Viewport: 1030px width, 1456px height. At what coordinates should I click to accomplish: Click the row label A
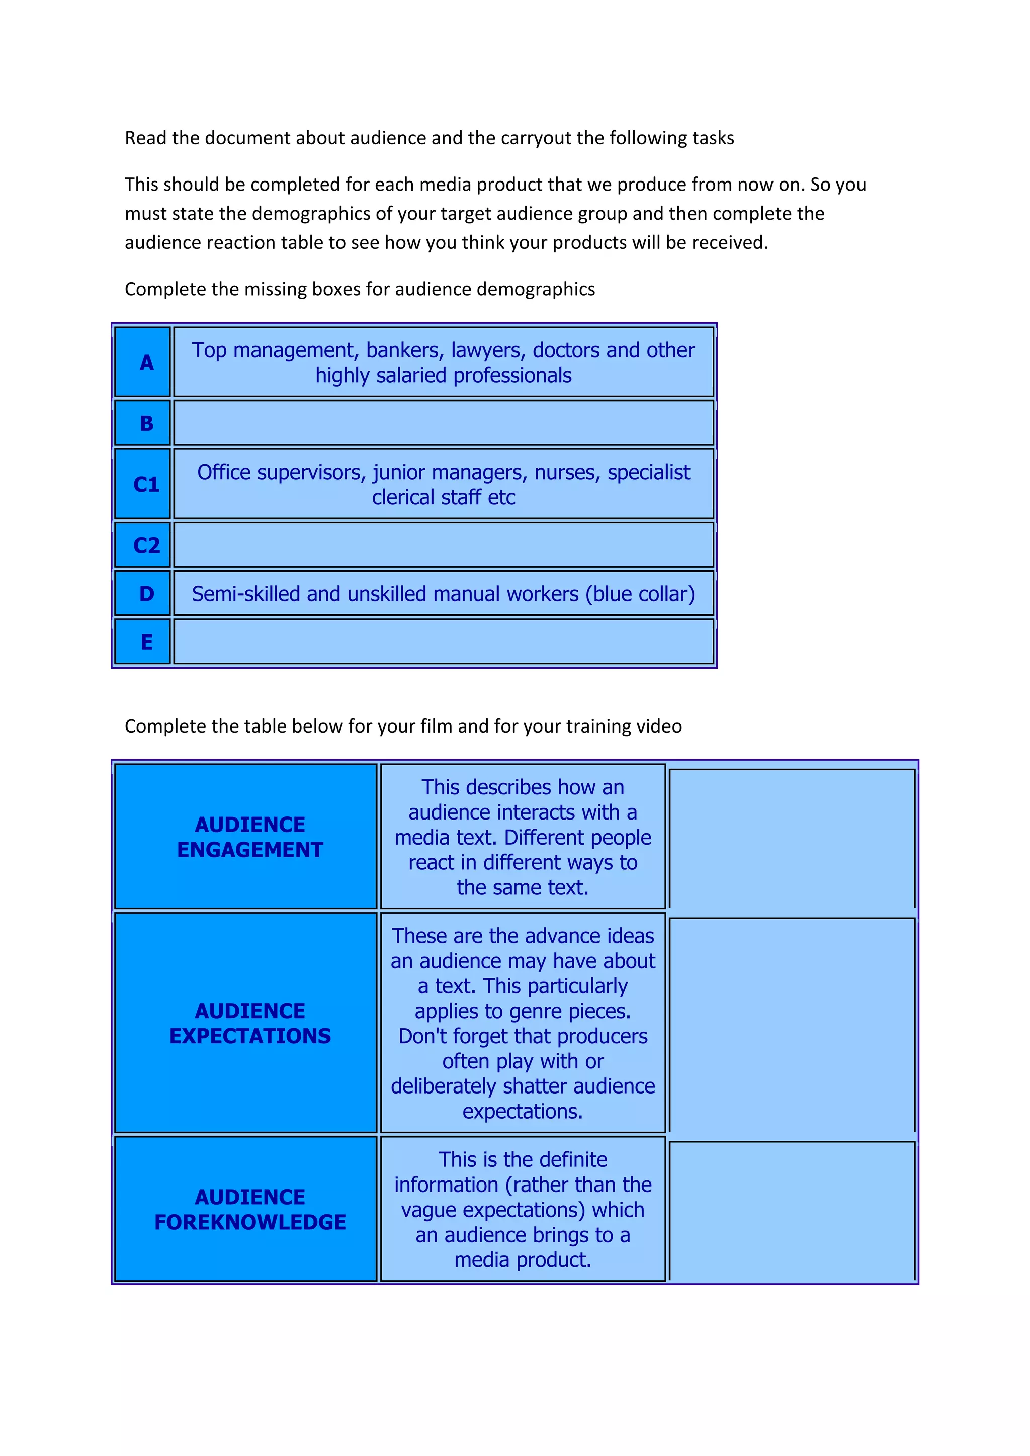tap(146, 362)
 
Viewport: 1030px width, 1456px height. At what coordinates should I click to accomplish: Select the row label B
tap(146, 423)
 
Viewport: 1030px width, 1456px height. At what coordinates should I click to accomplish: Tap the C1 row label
tap(146, 485)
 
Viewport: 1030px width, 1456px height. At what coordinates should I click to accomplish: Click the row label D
tap(146, 594)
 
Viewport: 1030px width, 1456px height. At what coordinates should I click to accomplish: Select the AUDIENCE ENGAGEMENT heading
tap(250, 837)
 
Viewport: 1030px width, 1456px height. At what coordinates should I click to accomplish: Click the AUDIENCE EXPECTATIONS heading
tap(250, 1023)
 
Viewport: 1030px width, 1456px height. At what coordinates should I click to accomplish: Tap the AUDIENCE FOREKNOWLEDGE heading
tap(250, 1209)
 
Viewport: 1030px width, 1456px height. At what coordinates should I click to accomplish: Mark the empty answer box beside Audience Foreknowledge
tap(792, 1211)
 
